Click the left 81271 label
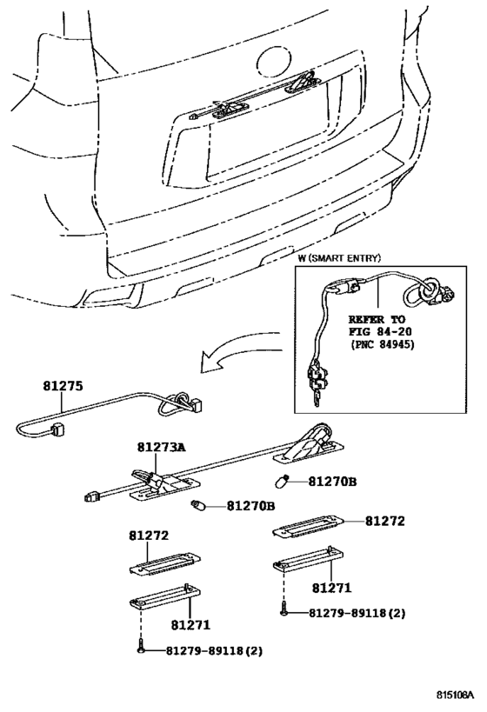pyautogui.click(x=192, y=624)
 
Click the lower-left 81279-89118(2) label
pyautogui.click(x=203, y=650)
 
